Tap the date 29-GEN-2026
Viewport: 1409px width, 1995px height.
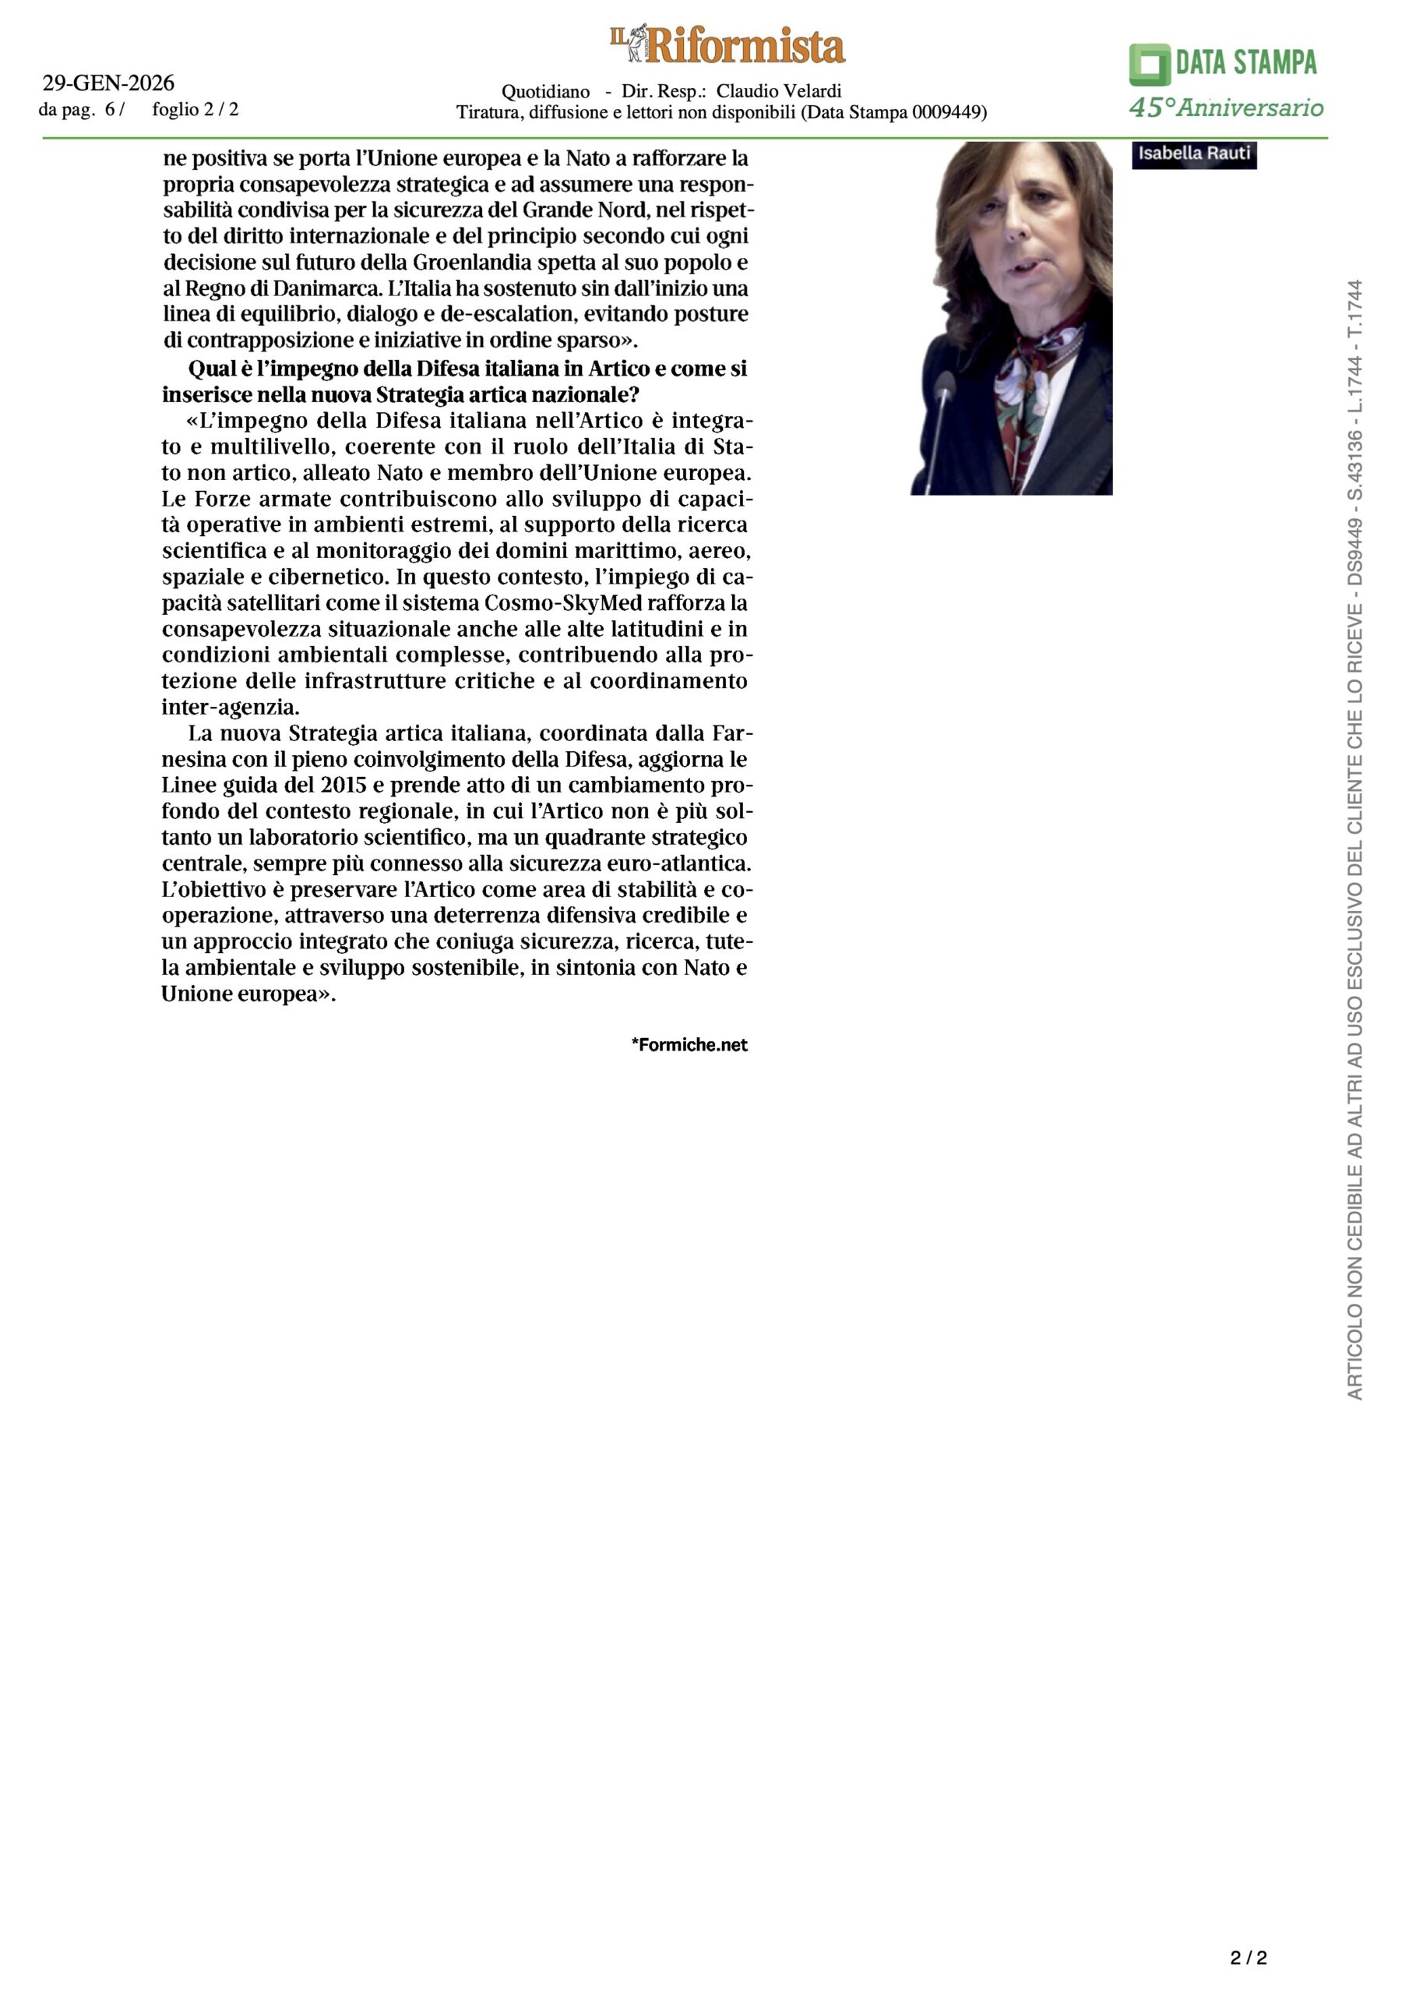(x=108, y=83)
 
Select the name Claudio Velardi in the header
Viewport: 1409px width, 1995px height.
(x=778, y=91)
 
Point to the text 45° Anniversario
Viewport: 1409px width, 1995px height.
(x=1226, y=108)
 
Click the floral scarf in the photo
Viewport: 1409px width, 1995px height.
(x=1042, y=383)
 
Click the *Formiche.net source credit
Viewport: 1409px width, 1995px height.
(x=689, y=1044)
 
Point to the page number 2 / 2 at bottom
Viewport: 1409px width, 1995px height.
(x=1249, y=1958)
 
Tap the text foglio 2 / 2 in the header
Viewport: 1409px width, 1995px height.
(x=195, y=109)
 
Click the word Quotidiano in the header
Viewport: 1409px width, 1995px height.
(x=545, y=91)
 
